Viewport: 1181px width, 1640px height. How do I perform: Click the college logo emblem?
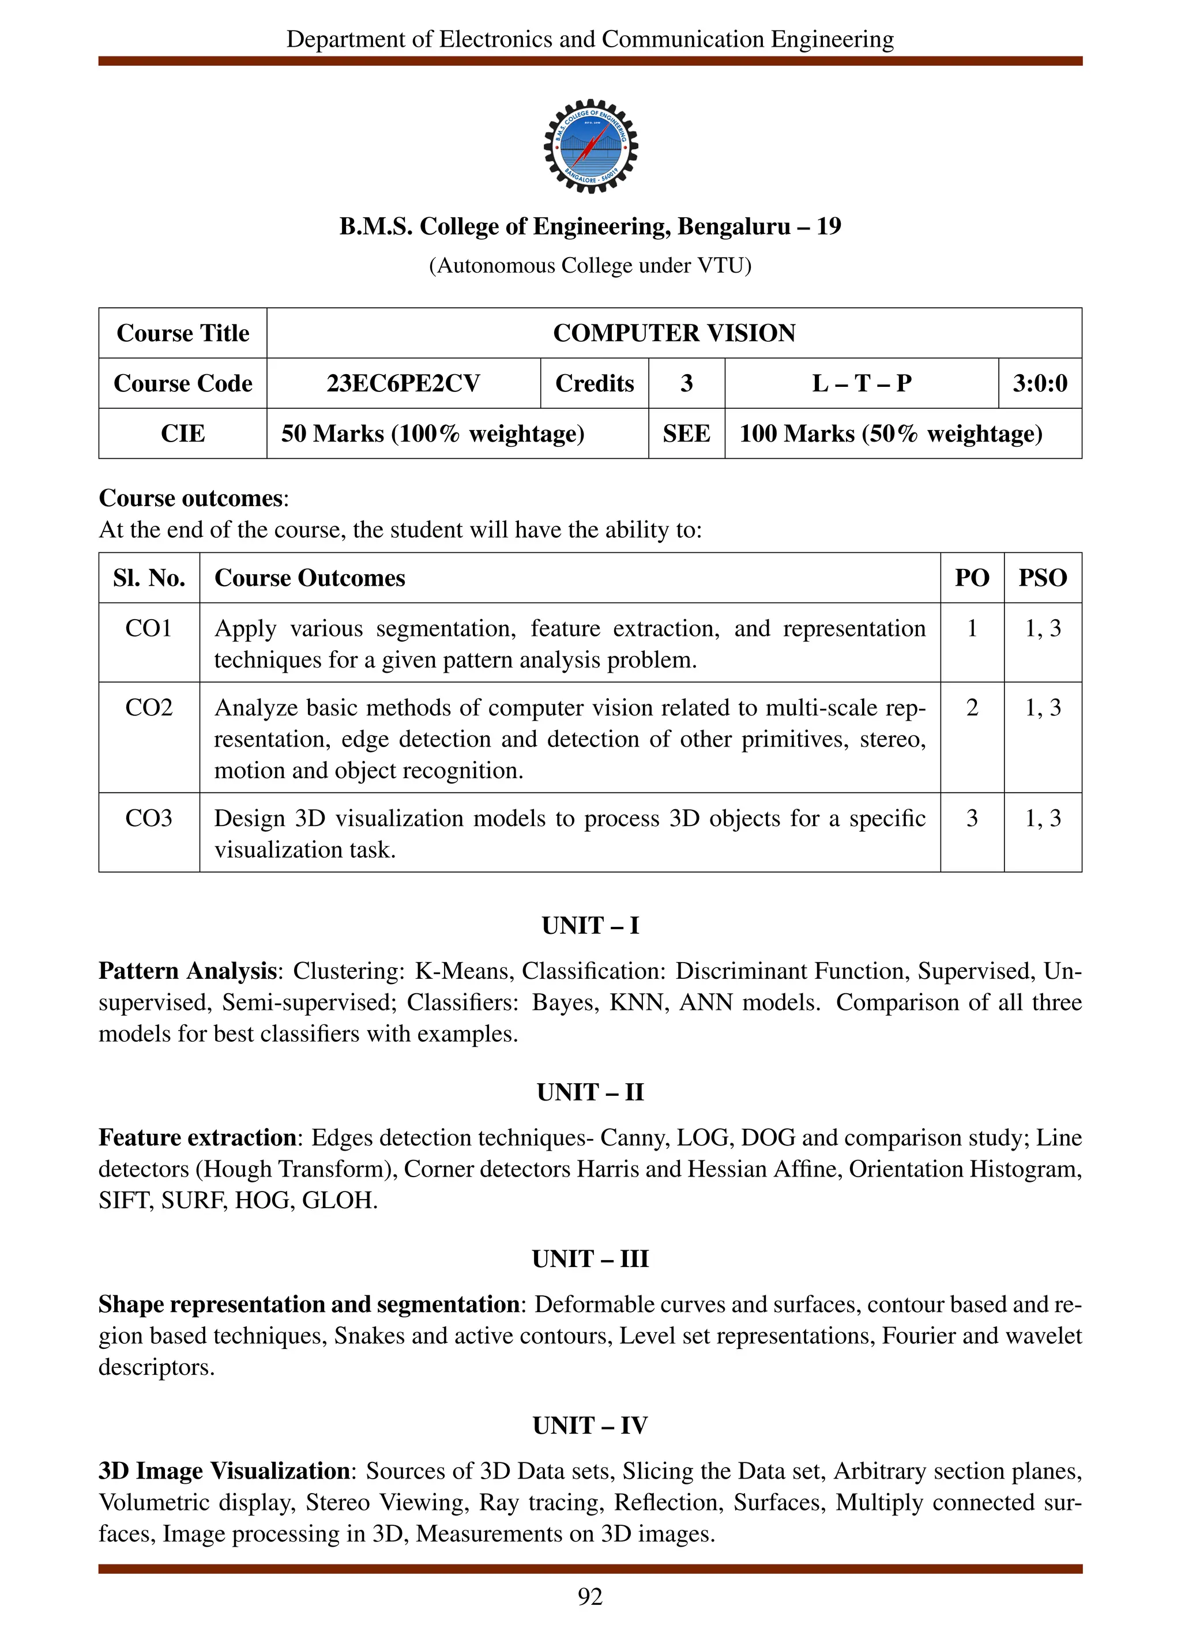[x=590, y=146]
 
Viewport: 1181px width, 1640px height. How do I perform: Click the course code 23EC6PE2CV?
[x=403, y=383]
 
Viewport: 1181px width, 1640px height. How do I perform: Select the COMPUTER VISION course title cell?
[x=674, y=333]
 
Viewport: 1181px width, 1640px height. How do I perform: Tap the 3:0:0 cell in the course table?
[x=1039, y=383]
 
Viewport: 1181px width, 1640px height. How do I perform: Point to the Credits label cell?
[x=594, y=383]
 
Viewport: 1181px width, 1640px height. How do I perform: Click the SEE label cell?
[x=686, y=434]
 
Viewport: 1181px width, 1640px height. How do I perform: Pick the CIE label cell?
[x=182, y=434]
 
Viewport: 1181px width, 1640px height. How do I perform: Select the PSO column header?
[x=1042, y=578]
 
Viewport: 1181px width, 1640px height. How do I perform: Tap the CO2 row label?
[x=149, y=707]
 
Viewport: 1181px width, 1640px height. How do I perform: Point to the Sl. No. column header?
[x=149, y=578]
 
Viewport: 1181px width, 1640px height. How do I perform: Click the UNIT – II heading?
[x=590, y=1092]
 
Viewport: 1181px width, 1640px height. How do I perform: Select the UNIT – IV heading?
[x=590, y=1425]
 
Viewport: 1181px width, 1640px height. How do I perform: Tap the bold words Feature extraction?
[x=197, y=1137]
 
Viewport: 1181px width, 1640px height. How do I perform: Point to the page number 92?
[x=590, y=1597]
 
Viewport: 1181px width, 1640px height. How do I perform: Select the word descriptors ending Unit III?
[x=156, y=1367]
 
